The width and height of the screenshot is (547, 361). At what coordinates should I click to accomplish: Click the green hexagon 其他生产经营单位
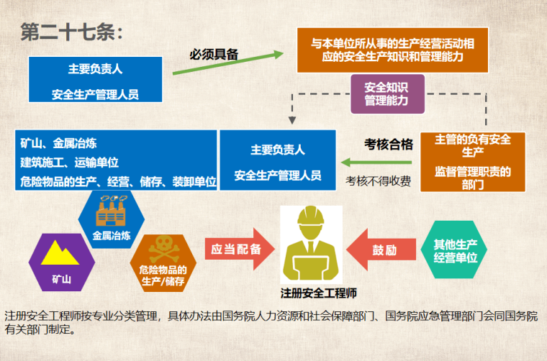456,249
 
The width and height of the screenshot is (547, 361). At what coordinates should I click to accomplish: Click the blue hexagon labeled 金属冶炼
111,217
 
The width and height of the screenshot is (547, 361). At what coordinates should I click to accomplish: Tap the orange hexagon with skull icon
163,261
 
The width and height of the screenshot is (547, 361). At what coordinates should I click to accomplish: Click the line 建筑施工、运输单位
69,163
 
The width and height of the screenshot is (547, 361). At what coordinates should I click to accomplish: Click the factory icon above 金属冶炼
111,209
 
